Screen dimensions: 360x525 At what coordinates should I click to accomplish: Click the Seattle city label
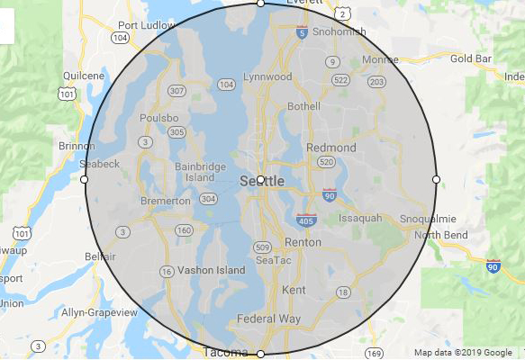click(x=263, y=182)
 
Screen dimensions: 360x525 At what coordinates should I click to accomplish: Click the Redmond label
click(x=331, y=148)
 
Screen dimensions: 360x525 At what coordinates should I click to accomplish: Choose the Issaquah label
click(x=360, y=218)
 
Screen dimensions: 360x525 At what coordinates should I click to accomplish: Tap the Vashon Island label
click(x=211, y=270)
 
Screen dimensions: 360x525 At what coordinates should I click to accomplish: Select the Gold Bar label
click(x=471, y=58)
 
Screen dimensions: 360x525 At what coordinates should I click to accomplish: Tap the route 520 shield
click(x=326, y=162)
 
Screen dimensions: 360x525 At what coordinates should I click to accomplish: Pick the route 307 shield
click(x=177, y=91)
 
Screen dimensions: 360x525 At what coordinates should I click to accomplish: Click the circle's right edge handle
click(x=437, y=180)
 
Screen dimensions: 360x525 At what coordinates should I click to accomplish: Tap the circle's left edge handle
click(x=85, y=180)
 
